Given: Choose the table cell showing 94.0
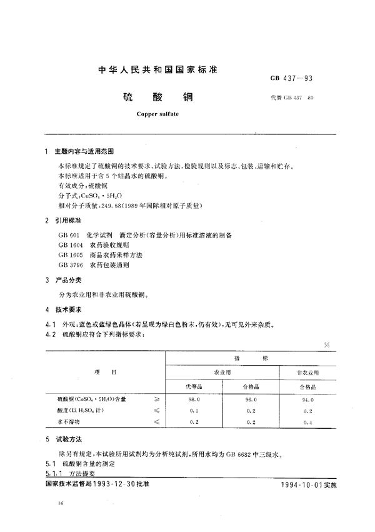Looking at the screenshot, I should coord(306,398).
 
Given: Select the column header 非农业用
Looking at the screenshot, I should coord(306,372).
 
